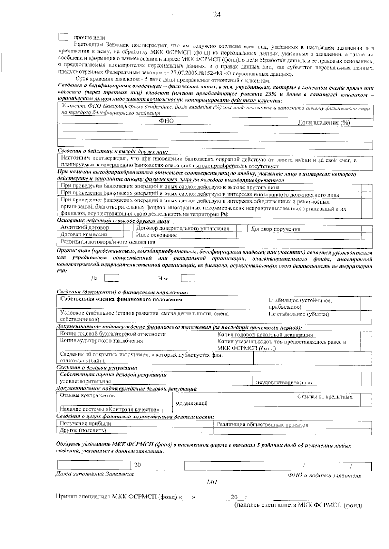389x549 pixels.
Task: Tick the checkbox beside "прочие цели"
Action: click(63, 37)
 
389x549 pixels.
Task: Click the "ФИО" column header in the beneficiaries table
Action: click(166, 121)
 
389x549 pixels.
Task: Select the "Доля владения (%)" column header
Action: click(324, 122)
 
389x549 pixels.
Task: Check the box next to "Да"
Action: click(112, 278)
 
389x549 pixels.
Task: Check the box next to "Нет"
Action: click(188, 278)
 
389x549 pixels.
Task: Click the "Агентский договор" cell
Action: click(85, 228)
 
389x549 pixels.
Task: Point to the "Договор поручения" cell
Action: click(275, 229)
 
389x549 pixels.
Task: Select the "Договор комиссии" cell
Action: click(84, 234)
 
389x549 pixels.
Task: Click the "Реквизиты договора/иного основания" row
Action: click(108, 242)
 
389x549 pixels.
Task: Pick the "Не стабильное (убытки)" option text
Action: click(299, 314)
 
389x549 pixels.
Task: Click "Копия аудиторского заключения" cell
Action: click(101, 341)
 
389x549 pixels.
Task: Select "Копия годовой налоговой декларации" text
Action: click(265, 335)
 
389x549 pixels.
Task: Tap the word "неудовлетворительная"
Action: click(284, 382)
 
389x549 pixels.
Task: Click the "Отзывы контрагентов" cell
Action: click(87, 395)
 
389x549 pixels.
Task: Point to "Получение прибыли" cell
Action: click(85, 423)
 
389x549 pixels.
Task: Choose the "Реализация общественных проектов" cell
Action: click(262, 424)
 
